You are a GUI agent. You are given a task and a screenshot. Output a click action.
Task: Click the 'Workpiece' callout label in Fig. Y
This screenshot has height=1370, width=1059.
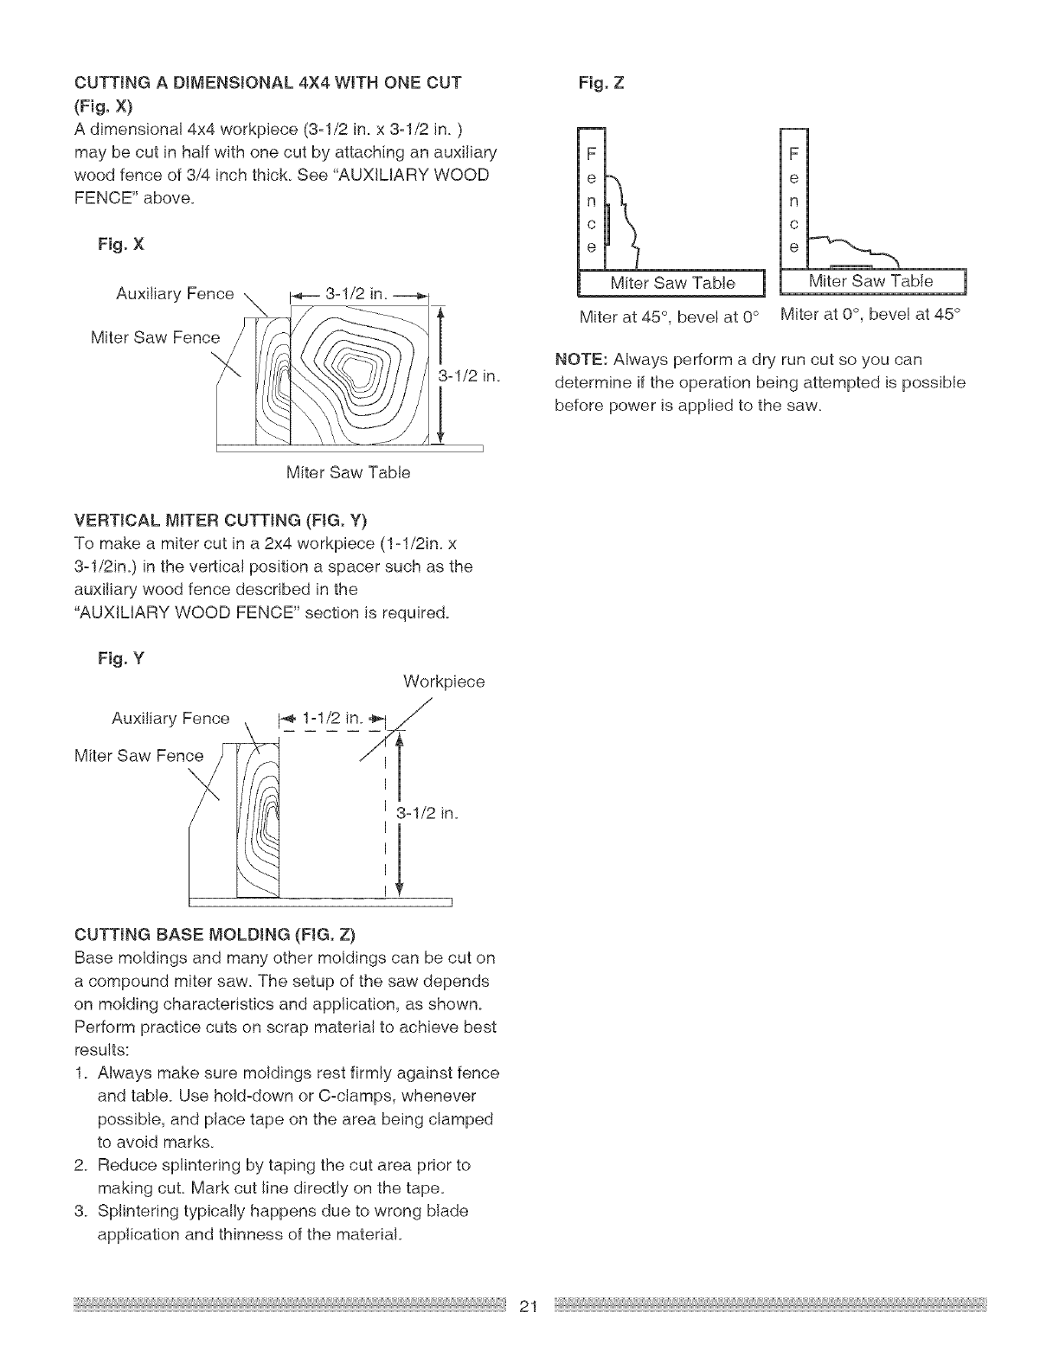[x=444, y=682]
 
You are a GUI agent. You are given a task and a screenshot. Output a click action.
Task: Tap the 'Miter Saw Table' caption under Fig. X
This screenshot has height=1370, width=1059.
[x=348, y=473]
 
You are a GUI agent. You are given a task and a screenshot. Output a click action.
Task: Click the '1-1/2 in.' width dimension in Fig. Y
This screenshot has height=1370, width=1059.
[x=335, y=718]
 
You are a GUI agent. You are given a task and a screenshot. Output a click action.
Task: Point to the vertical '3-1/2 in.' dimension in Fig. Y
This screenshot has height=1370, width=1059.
[x=427, y=814]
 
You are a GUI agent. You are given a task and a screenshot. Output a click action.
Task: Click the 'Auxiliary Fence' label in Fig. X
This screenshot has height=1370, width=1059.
[x=175, y=294]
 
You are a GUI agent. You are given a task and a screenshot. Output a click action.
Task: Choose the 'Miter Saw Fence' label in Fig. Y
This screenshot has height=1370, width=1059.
[x=139, y=756]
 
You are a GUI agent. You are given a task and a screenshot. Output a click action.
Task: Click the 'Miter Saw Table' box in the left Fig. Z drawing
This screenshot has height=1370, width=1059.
[x=672, y=283]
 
